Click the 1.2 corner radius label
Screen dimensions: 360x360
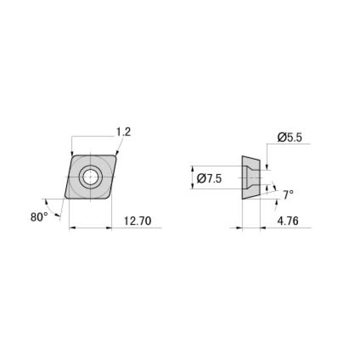pos(123,132)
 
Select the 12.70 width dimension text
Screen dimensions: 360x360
pos(137,221)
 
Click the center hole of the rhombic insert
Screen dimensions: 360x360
pos(90,177)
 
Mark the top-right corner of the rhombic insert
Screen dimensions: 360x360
pos(115,156)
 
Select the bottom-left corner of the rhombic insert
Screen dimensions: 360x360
pos(66,198)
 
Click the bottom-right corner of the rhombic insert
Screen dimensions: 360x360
pos(109,198)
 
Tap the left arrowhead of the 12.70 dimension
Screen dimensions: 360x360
pos(71,228)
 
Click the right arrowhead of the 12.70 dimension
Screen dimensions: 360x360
pos(109,228)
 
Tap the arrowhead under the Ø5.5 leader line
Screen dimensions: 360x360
pos(267,167)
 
